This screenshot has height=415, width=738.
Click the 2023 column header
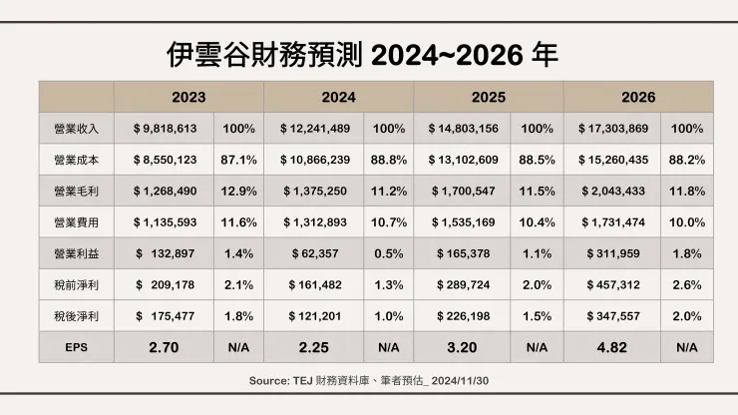point(188,98)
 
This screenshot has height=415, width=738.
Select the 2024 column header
point(339,98)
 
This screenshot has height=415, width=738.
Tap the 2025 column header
point(489,98)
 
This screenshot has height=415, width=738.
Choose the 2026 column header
point(638,98)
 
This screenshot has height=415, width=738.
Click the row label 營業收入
point(76,129)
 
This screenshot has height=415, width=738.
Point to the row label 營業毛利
point(76,191)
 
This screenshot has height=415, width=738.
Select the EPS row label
point(76,348)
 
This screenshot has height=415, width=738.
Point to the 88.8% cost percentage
point(388,160)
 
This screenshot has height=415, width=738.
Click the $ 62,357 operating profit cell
point(314,254)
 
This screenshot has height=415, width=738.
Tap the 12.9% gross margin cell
point(238,191)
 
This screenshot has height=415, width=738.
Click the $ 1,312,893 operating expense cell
point(314,222)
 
